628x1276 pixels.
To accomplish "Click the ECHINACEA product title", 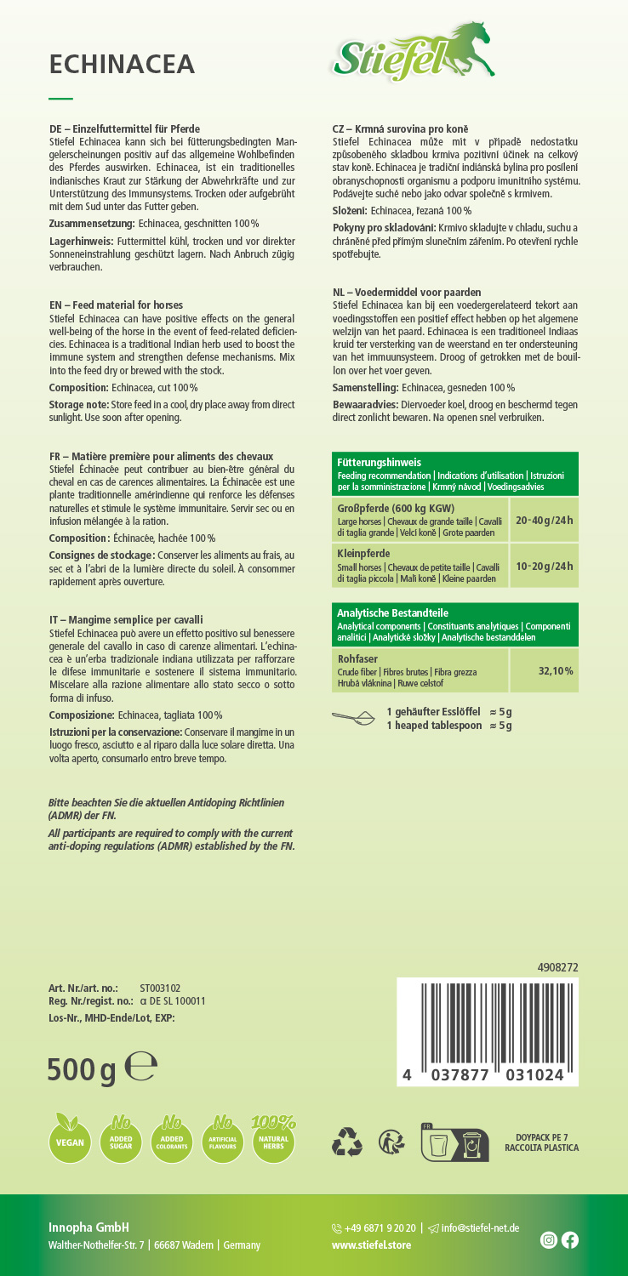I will (123, 64).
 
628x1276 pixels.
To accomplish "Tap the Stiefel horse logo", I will (414, 54).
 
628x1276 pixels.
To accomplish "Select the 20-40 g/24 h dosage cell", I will (545, 520).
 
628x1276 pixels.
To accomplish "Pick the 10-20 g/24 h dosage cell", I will (545, 566).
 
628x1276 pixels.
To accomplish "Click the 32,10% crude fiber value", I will (555, 671).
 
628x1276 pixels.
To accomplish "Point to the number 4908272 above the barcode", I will (557, 967).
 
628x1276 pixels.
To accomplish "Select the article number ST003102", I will (160, 988).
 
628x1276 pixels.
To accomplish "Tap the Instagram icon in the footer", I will (549, 1240).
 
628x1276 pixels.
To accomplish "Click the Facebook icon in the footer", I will (570, 1240).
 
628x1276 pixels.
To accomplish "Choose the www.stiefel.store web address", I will (371, 1245).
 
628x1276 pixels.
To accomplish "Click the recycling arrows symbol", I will (347, 1141).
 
